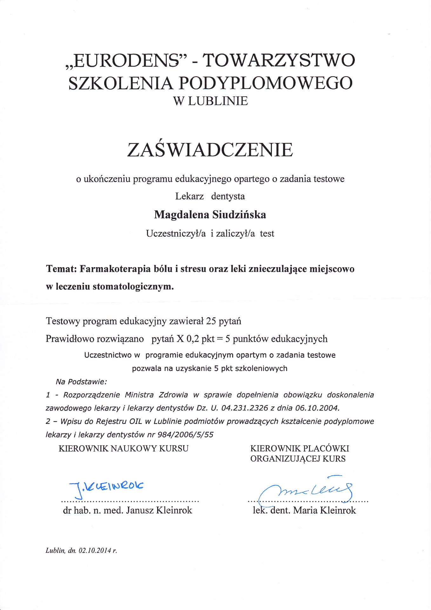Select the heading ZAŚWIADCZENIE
click(210, 150)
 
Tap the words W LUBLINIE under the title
click(210, 101)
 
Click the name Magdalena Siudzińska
click(210, 215)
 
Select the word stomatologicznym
click(133, 287)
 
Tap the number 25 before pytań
click(211, 321)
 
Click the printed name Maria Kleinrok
click(324, 510)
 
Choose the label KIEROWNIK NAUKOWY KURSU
click(124, 449)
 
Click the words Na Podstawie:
click(81, 382)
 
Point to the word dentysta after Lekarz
click(228, 196)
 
